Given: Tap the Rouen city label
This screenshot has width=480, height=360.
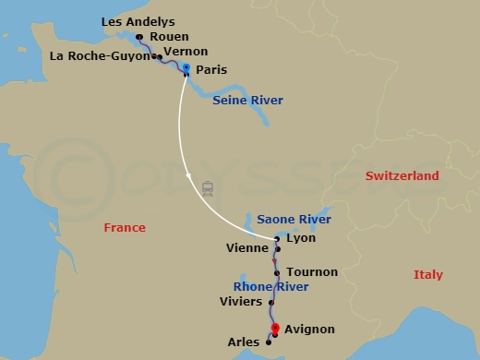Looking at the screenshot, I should pos(162,37).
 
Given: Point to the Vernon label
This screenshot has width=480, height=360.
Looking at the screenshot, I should pos(185,52).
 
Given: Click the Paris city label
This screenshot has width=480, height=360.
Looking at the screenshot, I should pos(211,69).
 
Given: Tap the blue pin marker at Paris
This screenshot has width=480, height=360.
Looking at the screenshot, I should pos(186,69).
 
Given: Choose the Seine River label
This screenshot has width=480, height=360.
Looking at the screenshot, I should pos(247,100).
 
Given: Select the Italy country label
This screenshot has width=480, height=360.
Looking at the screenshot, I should pos(428,275).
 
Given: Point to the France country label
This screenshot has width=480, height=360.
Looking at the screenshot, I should pos(125,226).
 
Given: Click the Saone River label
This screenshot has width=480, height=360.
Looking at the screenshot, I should pos(294,220).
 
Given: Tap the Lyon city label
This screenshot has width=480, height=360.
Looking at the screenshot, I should pos(301,238).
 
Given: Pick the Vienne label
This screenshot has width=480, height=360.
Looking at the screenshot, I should pos(246,248).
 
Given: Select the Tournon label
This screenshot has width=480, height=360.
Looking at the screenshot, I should pos(312,272).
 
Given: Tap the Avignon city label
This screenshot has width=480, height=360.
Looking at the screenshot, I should pos(310,329).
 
